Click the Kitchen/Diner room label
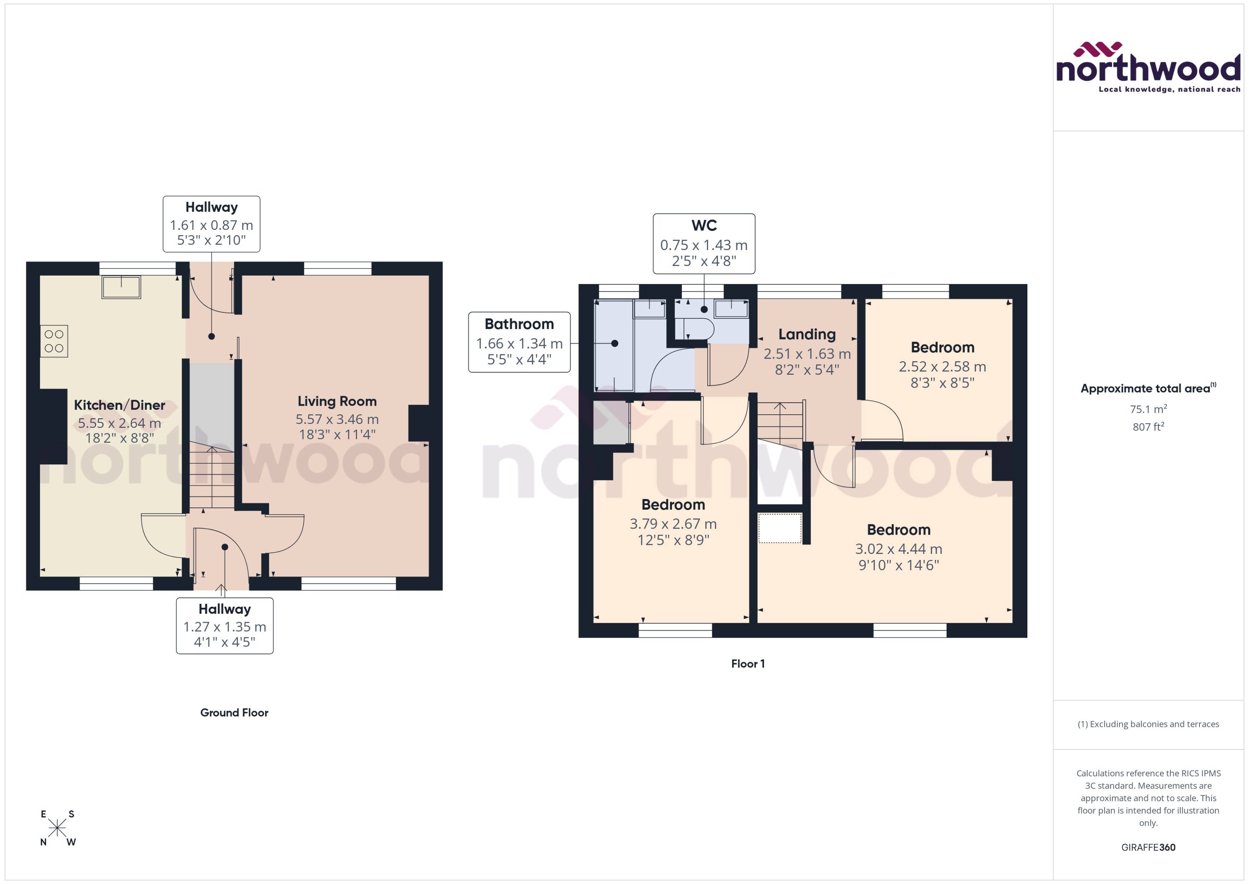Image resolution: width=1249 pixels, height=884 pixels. point(119,405)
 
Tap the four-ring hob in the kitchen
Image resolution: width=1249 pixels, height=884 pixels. point(54,341)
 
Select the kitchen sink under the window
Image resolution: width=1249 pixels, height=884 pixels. point(121,287)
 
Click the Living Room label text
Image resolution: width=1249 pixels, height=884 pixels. point(337,401)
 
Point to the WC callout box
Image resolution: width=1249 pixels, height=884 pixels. point(704,243)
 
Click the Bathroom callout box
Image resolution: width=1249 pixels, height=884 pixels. point(519,342)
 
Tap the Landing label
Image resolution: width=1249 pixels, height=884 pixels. point(806,334)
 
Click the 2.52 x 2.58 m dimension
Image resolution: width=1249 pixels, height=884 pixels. point(942,366)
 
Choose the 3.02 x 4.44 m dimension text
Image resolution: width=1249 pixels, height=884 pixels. point(899,549)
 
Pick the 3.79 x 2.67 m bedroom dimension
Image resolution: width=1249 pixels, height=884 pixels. point(673,524)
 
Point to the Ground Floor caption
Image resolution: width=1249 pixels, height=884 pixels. point(234,713)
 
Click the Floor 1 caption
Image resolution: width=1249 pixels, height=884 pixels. point(748,663)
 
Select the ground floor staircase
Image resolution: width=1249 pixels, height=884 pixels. point(212,477)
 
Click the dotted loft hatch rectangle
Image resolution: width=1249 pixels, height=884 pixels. point(779,528)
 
